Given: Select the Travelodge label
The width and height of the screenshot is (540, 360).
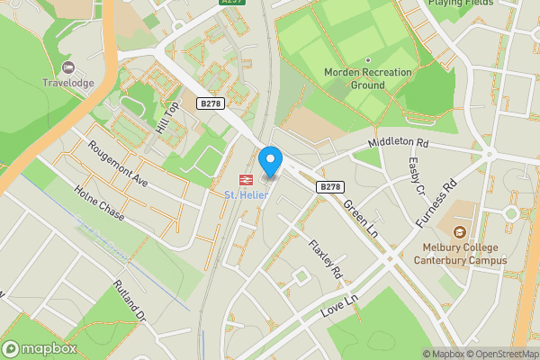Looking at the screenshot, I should pos(68,84).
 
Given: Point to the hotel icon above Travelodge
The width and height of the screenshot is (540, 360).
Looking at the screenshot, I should pos(67,67).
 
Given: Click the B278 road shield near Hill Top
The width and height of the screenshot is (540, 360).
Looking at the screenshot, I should pos(211,103).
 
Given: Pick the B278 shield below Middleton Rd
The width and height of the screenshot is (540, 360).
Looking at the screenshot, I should pos(330,186).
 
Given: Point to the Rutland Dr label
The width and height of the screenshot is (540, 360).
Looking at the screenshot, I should pos(130,301).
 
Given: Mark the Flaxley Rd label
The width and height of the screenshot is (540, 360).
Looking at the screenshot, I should pos(326,258).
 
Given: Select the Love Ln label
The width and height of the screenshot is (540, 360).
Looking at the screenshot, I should pos(339,309).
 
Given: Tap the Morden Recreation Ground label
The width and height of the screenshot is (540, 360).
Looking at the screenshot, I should pos(368,78).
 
